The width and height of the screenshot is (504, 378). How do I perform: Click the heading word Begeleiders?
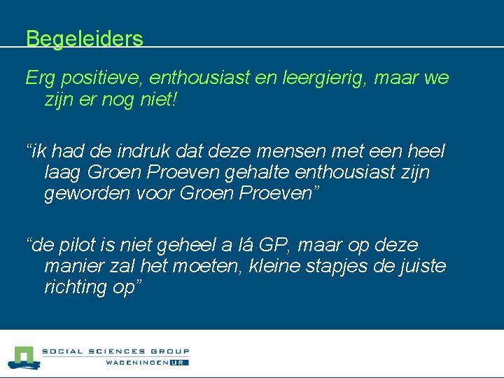(x=84, y=38)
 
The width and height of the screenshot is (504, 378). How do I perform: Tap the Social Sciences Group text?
(x=115, y=352)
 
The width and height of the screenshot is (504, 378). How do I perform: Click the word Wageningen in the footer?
(x=136, y=363)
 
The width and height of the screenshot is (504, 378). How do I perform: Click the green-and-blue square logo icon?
(x=25, y=357)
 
